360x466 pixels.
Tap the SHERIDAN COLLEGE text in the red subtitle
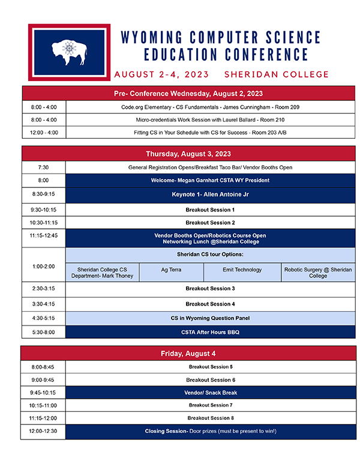(x=276, y=75)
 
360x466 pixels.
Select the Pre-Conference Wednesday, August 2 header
(x=188, y=94)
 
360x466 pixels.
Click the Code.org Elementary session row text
(x=210, y=107)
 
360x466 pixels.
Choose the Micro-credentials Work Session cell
(x=210, y=120)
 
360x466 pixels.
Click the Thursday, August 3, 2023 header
(x=188, y=154)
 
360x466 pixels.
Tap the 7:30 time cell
(x=43, y=168)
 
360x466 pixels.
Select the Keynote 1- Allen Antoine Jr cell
(x=209, y=195)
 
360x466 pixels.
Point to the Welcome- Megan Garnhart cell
(x=209, y=180)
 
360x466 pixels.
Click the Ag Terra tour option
(x=172, y=270)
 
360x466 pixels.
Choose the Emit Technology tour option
(x=242, y=270)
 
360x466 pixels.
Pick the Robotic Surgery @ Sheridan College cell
(x=318, y=273)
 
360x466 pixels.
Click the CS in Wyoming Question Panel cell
(x=209, y=318)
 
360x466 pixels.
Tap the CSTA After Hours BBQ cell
(x=209, y=331)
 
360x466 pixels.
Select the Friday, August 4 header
(x=188, y=353)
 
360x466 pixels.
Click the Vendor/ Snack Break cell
(x=209, y=393)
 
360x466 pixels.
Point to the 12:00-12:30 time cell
(x=43, y=431)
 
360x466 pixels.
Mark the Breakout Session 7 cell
(x=209, y=405)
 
